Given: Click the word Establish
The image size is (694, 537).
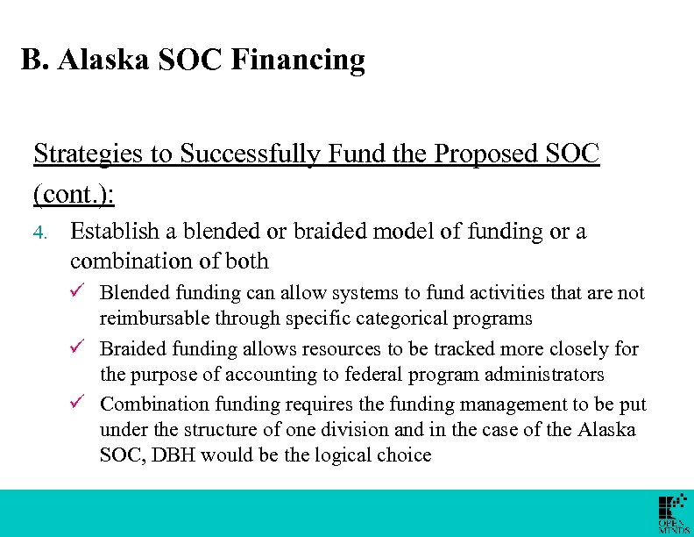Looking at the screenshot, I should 113,231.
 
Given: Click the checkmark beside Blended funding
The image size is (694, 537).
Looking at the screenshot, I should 78,292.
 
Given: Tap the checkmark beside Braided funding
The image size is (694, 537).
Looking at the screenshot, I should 78,348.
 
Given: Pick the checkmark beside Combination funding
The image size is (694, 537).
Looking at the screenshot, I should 78,404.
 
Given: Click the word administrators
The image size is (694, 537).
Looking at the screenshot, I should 547,375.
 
